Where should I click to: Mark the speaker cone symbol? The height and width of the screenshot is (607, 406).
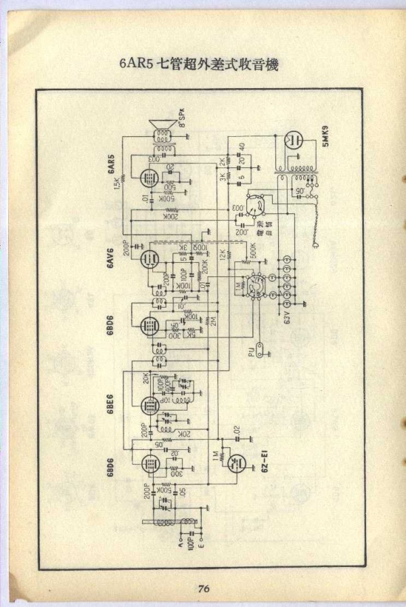(x=162, y=127)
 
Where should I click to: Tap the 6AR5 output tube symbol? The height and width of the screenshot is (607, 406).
(x=148, y=179)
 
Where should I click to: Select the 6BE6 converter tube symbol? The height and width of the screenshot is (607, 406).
(x=148, y=405)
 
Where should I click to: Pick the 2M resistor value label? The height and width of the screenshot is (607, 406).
(x=213, y=321)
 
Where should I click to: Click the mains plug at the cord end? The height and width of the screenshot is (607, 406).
(x=315, y=248)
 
